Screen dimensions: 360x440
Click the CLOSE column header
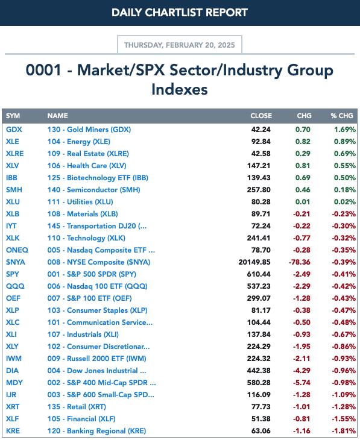261,116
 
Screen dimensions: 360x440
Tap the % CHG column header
342,116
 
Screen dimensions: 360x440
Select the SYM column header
13,116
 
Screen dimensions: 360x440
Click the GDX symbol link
14,130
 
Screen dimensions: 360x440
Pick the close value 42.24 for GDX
261,130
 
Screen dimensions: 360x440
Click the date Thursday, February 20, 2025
180,45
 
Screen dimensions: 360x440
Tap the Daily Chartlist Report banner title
180,13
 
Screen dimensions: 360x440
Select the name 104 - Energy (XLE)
78,142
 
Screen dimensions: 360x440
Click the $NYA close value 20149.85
254,262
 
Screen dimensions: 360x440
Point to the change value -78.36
300,262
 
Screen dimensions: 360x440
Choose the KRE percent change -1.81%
344,431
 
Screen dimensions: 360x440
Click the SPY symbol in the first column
13,274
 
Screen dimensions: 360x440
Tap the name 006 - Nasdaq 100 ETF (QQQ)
98,286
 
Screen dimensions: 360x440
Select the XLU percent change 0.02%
345,202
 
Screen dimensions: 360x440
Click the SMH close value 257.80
259,190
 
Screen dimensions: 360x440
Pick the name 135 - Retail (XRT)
77,407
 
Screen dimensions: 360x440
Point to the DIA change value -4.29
302,371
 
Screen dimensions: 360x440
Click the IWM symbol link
14,359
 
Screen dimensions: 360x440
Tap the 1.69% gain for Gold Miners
345,130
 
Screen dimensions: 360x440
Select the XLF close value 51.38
261,419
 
